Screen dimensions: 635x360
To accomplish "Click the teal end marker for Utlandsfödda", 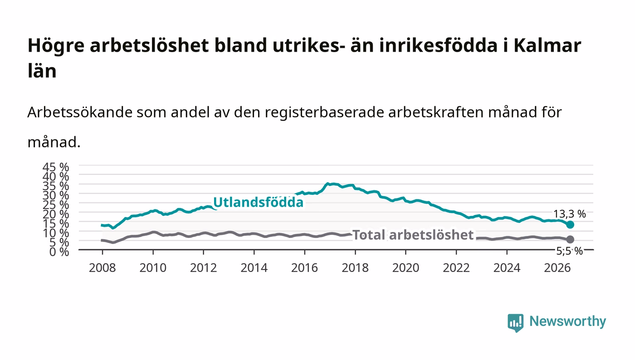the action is click(570, 224).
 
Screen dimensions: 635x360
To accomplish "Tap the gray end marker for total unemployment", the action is click(570, 239).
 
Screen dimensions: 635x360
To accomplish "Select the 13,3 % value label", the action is click(570, 214).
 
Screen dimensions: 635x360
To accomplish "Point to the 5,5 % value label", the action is click(569, 251).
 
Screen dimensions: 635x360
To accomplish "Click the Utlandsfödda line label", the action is click(258, 202).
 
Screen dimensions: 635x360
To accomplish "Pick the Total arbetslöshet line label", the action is click(413, 235).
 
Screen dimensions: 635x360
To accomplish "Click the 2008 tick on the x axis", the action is click(103, 268).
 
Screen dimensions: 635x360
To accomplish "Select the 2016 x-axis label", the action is click(304, 268).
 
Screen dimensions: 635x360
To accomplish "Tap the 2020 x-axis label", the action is click(405, 268).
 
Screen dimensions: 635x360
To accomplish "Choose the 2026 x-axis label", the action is click(557, 268).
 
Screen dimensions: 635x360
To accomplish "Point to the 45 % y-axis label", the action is click(56, 167).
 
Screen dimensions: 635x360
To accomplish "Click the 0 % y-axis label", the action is click(59, 252).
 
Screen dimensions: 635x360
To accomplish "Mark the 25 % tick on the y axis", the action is click(56, 204).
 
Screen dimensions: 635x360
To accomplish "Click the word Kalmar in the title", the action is click(547, 45).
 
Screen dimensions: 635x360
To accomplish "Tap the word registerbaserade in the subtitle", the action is click(324, 112).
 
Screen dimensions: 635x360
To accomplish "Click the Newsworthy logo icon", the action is click(515, 322).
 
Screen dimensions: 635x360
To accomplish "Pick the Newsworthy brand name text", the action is click(567, 321).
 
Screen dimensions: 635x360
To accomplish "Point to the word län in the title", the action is click(42, 71).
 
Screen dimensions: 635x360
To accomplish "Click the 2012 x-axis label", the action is click(203, 268).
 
